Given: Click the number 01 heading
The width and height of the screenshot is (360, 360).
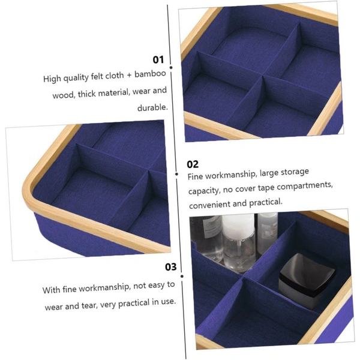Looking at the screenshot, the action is pos(158,59).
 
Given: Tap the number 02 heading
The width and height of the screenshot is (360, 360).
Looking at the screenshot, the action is pos(193,164).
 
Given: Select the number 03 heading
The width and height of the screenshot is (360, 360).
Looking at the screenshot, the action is pos(171,267).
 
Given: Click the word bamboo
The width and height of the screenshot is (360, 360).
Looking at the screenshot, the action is pos(150,74).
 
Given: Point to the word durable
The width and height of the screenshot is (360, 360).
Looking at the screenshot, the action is pos(152,107).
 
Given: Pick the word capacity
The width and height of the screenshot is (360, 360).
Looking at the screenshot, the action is pos(204,191).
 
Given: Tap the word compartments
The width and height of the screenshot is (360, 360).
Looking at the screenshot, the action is pos(304,187).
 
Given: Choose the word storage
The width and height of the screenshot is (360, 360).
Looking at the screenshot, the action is pos(295,172).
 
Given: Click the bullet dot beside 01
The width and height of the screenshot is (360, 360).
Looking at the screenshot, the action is pos(171,67).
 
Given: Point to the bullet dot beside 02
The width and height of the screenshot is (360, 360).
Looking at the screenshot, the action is pos(176,174).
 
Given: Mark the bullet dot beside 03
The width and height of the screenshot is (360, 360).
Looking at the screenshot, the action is pos(182,276).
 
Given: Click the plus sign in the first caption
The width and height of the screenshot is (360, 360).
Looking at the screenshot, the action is pos(129,75).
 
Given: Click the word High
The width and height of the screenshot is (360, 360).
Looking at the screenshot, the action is pos(52,79).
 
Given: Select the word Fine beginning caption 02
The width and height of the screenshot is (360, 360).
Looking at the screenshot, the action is pos(195,177).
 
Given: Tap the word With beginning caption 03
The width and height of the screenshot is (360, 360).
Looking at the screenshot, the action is pos(51,290).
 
